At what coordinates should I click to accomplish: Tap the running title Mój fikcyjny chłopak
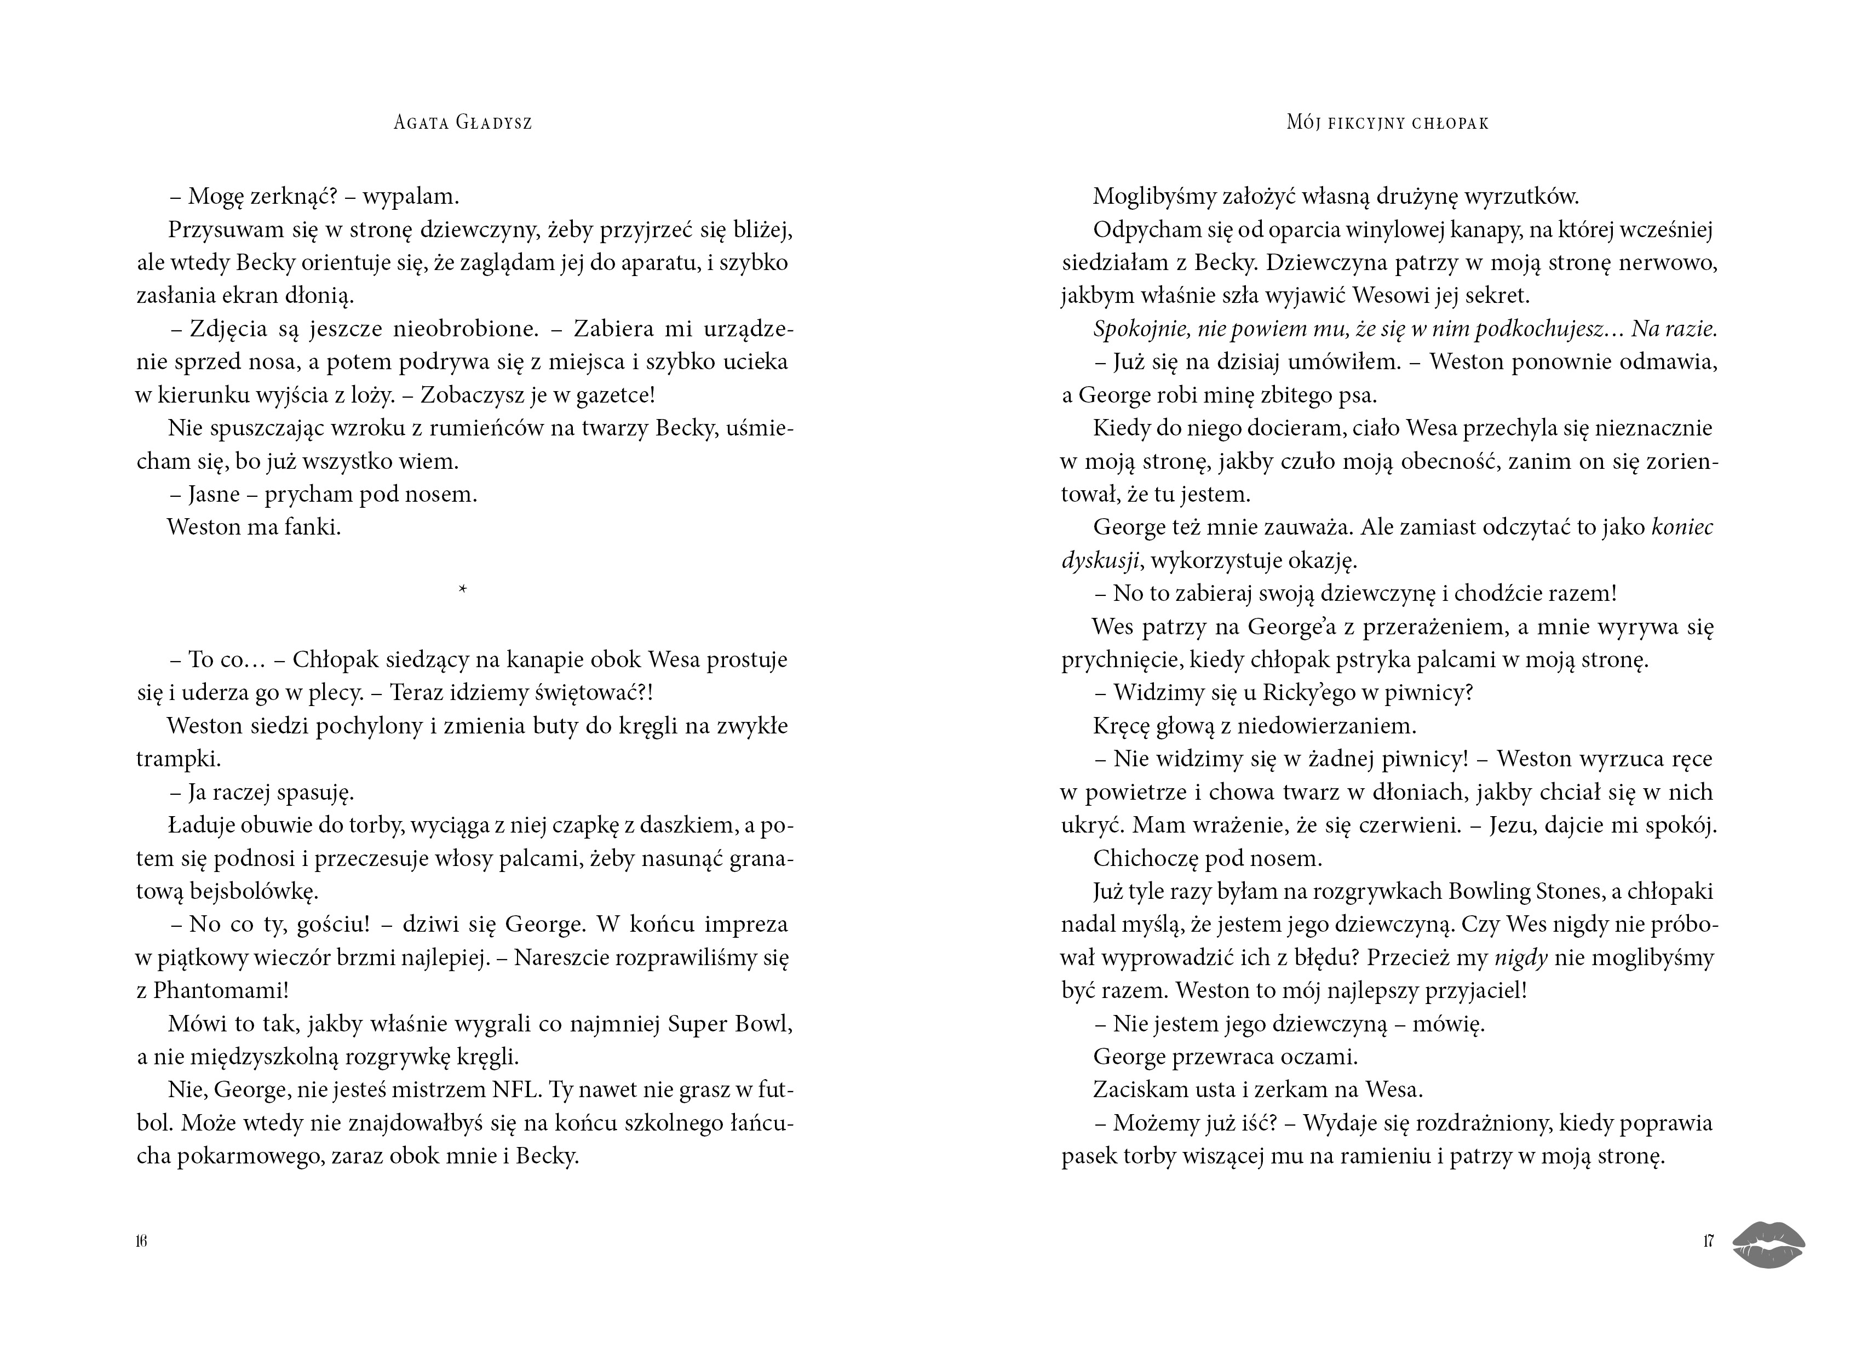coord(1388,123)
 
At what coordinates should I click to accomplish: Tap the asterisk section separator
coord(462,589)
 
